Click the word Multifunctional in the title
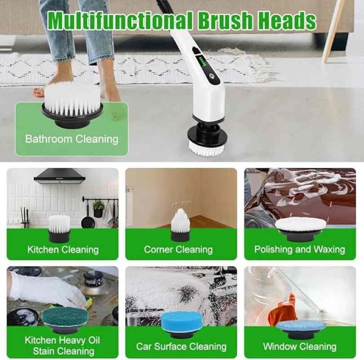(120, 20)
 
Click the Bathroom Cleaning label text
(72, 139)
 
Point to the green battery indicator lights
(202, 62)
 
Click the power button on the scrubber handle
(212, 76)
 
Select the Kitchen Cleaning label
(63, 250)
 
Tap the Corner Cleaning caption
(178, 250)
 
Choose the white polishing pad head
(300, 229)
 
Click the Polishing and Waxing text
(300, 249)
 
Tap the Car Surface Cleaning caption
(181, 346)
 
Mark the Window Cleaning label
(300, 346)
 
